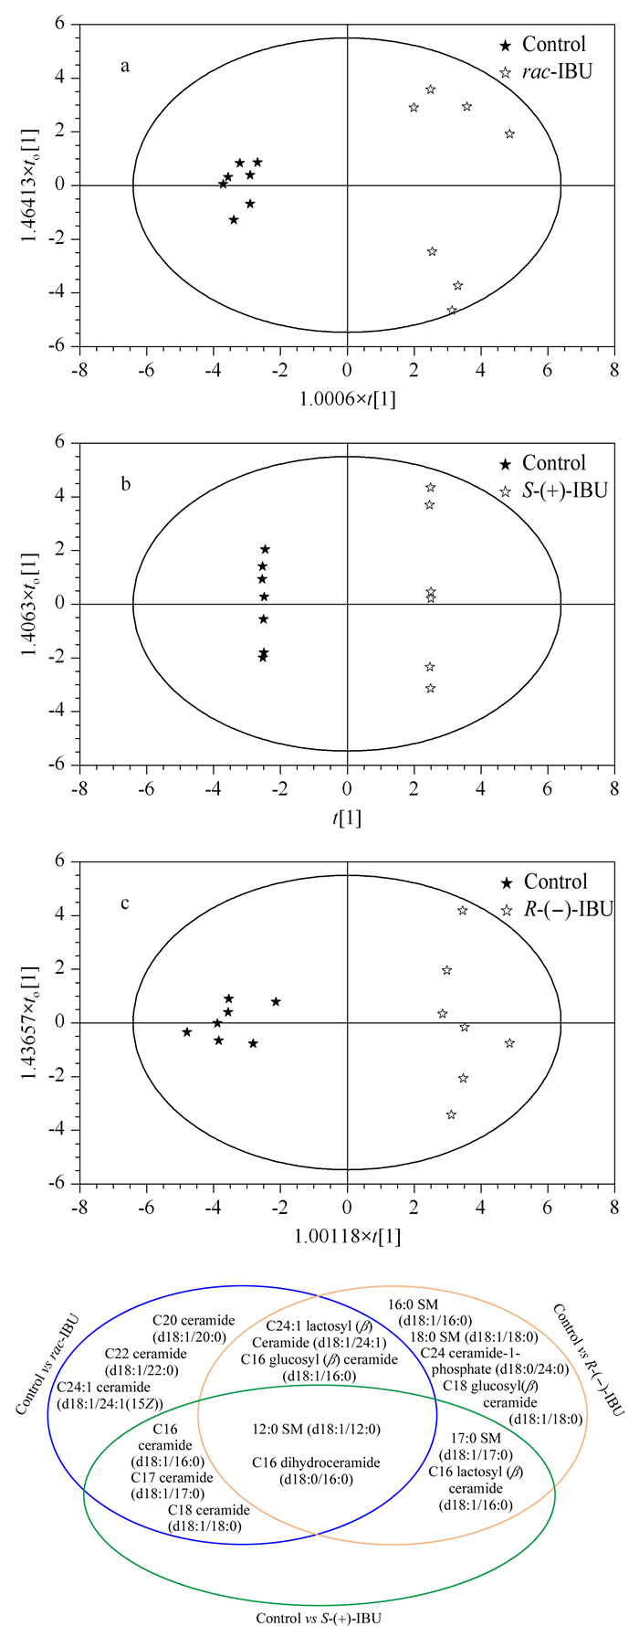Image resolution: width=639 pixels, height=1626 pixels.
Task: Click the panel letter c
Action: pyautogui.click(x=125, y=904)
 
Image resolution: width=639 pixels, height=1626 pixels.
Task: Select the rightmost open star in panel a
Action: pyautogui.click(x=509, y=134)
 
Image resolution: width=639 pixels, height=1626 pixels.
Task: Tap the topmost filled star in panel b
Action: pyautogui.click(x=266, y=549)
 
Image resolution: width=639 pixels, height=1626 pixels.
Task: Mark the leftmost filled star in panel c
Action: pyautogui.click(x=187, y=1032)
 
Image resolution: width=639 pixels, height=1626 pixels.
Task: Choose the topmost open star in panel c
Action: pyautogui.click(x=463, y=911)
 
